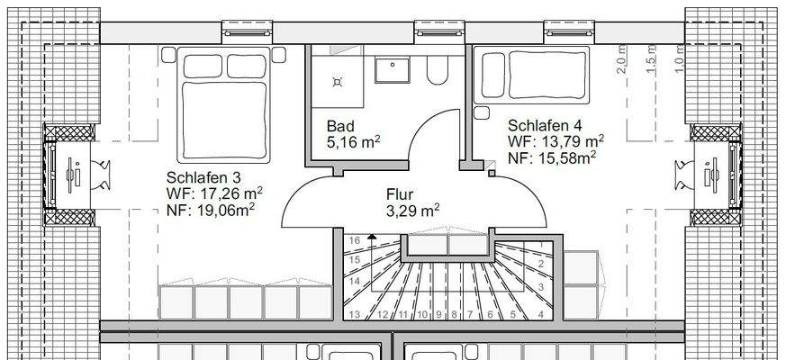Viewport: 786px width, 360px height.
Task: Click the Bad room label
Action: [x=341, y=125]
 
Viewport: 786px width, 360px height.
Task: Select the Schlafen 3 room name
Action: [x=202, y=176]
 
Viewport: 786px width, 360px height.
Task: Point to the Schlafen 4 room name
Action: [x=543, y=125]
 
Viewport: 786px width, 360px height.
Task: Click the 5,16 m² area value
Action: [x=354, y=141]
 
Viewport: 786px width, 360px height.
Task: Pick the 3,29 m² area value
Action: [x=412, y=211]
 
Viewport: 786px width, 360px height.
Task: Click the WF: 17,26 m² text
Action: [x=214, y=193]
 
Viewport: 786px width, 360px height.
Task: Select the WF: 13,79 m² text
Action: [x=556, y=141]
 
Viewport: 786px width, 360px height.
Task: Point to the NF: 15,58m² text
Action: [x=553, y=158]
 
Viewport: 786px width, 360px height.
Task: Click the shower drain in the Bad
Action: [x=338, y=80]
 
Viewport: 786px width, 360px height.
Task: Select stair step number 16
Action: [x=354, y=240]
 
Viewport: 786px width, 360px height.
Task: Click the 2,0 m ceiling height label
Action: [x=621, y=66]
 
